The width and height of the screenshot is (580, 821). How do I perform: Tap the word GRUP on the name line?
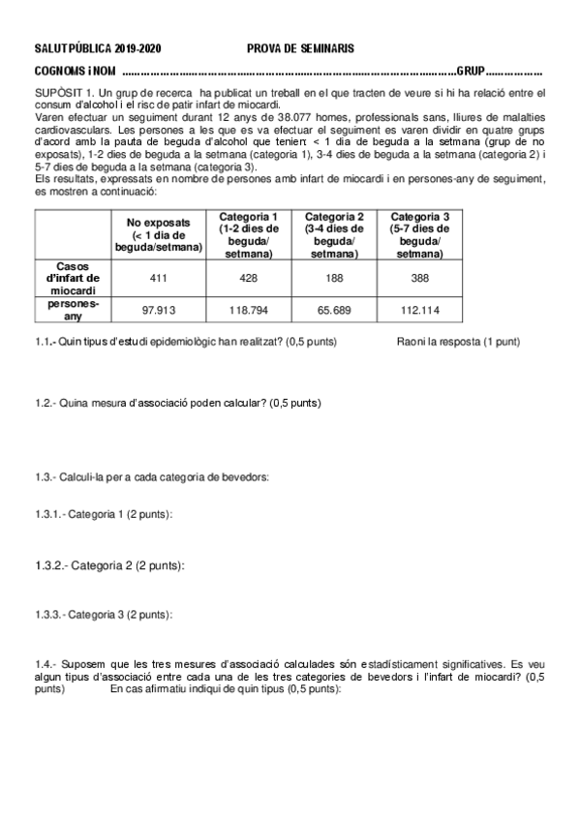pos(470,71)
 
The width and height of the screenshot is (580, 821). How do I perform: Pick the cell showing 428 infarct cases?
pos(249,278)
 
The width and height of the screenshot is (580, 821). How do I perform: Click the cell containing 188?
pos(334,278)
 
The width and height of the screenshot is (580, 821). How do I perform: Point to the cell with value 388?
pos(419,278)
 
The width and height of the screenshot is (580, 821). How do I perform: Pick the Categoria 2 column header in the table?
pos(334,234)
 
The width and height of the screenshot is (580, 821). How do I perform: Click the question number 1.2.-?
pos(46,402)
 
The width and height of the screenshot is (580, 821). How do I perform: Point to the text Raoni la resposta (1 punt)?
pos(458,342)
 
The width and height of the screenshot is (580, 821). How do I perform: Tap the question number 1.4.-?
pos(46,665)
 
